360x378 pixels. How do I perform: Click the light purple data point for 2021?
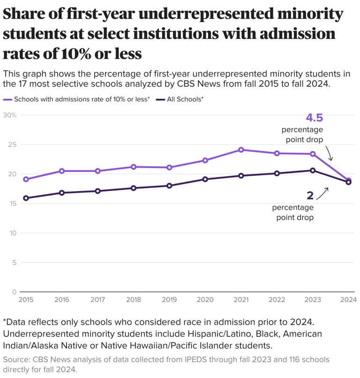[x=241, y=150]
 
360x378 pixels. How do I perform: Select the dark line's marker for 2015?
[x=26, y=198]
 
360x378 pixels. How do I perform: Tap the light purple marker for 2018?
[x=134, y=167]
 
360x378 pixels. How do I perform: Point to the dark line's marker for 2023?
[x=313, y=170]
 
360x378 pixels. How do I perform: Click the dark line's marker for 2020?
[x=205, y=179]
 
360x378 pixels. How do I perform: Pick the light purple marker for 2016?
[x=62, y=171]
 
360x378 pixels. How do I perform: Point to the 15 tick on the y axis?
[x=13, y=204]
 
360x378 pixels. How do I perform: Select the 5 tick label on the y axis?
[x=14, y=263]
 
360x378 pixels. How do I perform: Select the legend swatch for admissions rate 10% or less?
[x=7, y=99]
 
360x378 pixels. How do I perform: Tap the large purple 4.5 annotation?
[x=314, y=118]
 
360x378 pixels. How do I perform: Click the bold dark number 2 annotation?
[x=310, y=195]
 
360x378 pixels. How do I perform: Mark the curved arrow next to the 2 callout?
[x=322, y=193]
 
